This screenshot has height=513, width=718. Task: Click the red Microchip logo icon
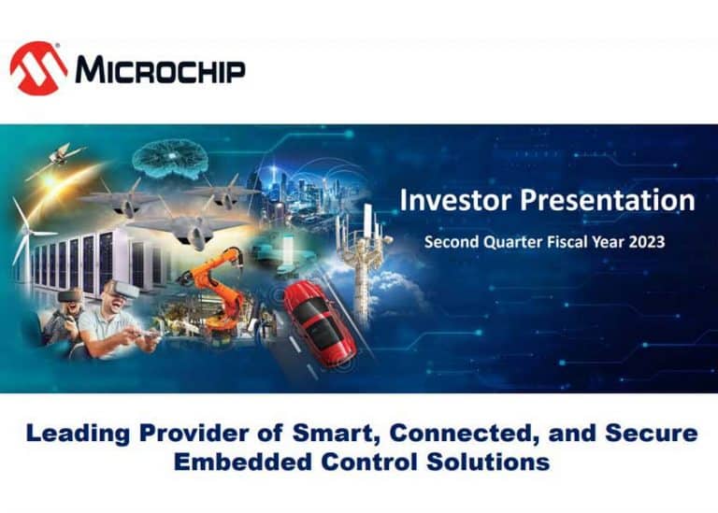point(38,68)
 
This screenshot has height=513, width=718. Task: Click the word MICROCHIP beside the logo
point(160,70)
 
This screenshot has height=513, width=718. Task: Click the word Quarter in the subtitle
point(515,241)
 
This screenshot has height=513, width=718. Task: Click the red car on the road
point(319,322)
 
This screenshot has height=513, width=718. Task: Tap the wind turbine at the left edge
point(22,229)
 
